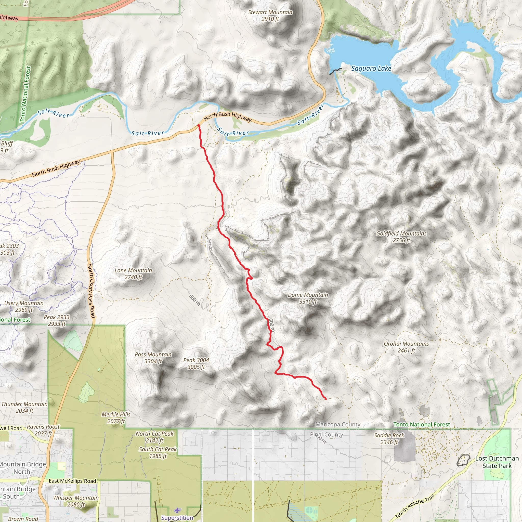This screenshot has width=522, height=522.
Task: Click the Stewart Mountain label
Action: pyautogui.click(x=270, y=15)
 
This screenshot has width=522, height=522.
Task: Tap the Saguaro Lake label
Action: pyautogui.click(x=371, y=69)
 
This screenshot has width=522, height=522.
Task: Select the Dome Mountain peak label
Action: pyautogui.click(x=308, y=298)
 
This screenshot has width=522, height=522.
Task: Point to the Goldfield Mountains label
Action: pyautogui.click(x=401, y=237)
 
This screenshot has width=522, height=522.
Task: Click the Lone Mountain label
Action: pyautogui.click(x=133, y=273)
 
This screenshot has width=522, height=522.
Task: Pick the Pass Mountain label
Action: pyautogui.click(x=153, y=357)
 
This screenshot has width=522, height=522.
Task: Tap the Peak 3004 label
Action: pyautogui.click(x=196, y=363)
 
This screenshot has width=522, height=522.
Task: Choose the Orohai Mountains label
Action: pyautogui.click(x=406, y=347)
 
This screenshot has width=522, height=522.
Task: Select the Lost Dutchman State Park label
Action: pyautogui.click(x=497, y=462)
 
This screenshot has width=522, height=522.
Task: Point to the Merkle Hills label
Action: pyautogui.click(x=116, y=417)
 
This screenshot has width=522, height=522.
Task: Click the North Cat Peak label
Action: pyautogui.click(x=154, y=437)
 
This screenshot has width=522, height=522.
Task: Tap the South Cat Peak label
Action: pyautogui.click(x=158, y=453)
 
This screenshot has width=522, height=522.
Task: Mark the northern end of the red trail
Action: pyautogui.click(x=199, y=125)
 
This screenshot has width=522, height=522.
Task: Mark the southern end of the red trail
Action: pyautogui.click(x=326, y=399)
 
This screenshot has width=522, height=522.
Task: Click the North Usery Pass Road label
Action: pyautogui.click(x=91, y=291)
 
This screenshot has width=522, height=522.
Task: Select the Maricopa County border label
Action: pyautogui.click(x=338, y=424)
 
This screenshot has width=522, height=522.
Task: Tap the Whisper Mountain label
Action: pyautogui.click(x=76, y=501)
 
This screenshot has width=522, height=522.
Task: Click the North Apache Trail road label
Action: pyautogui.click(x=414, y=506)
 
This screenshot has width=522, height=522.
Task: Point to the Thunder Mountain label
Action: pyautogui.click(x=24, y=407)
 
